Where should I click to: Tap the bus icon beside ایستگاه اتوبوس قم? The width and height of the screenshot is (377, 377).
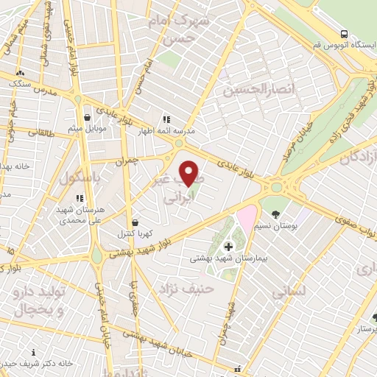pyautogui.click(x=345, y=34)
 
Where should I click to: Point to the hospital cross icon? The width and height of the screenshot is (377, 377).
pyautogui.click(x=228, y=244)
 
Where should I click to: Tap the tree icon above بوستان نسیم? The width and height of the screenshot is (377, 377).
pyautogui.click(x=275, y=214)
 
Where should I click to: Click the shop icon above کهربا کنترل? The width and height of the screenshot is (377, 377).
pyautogui.click(x=135, y=222)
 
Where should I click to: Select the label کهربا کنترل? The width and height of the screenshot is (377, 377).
pyautogui.click(x=135, y=234)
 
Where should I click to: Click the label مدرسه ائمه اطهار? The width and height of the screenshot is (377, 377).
pyautogui.click(x=166, y=130)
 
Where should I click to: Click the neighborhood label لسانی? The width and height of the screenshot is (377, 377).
pyautogui.click(x=288, y=292)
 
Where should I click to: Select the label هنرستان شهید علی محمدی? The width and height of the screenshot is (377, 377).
pyautogui.click(x=81, y=214)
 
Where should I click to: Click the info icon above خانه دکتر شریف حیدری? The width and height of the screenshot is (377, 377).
pyautogui.click(x=33, y=353)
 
